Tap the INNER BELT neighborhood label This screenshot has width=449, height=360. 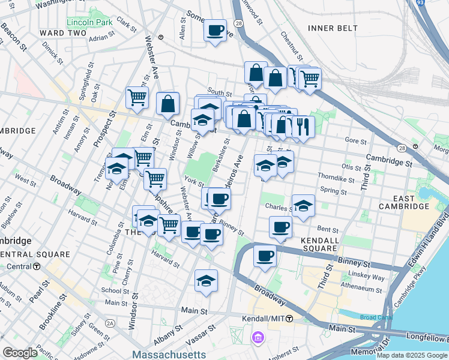pos(333,28)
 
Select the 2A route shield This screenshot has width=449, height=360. pos(110,323)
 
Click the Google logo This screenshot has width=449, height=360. pos(20,353)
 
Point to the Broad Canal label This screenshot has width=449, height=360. pos(376,317)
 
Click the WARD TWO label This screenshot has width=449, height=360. pos(63,32)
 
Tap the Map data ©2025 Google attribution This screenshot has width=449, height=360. pos(412,355)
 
